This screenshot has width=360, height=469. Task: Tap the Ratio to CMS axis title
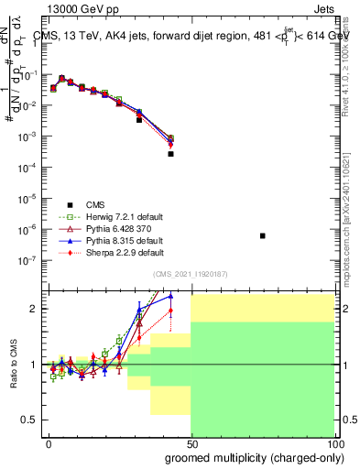coord(13,364)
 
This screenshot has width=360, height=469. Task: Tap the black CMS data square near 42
coord(170,154)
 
